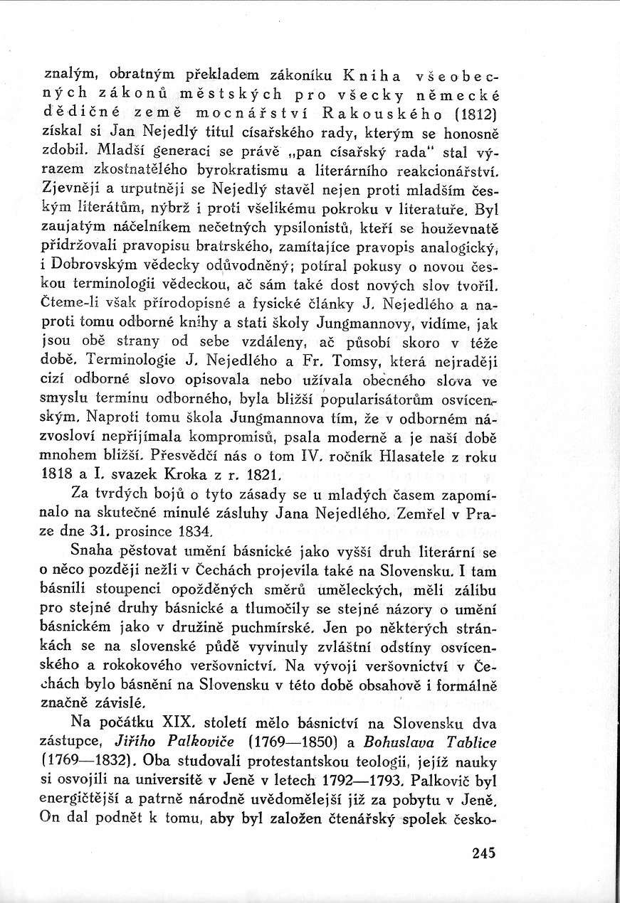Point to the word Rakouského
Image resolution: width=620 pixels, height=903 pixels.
[380, 112]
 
